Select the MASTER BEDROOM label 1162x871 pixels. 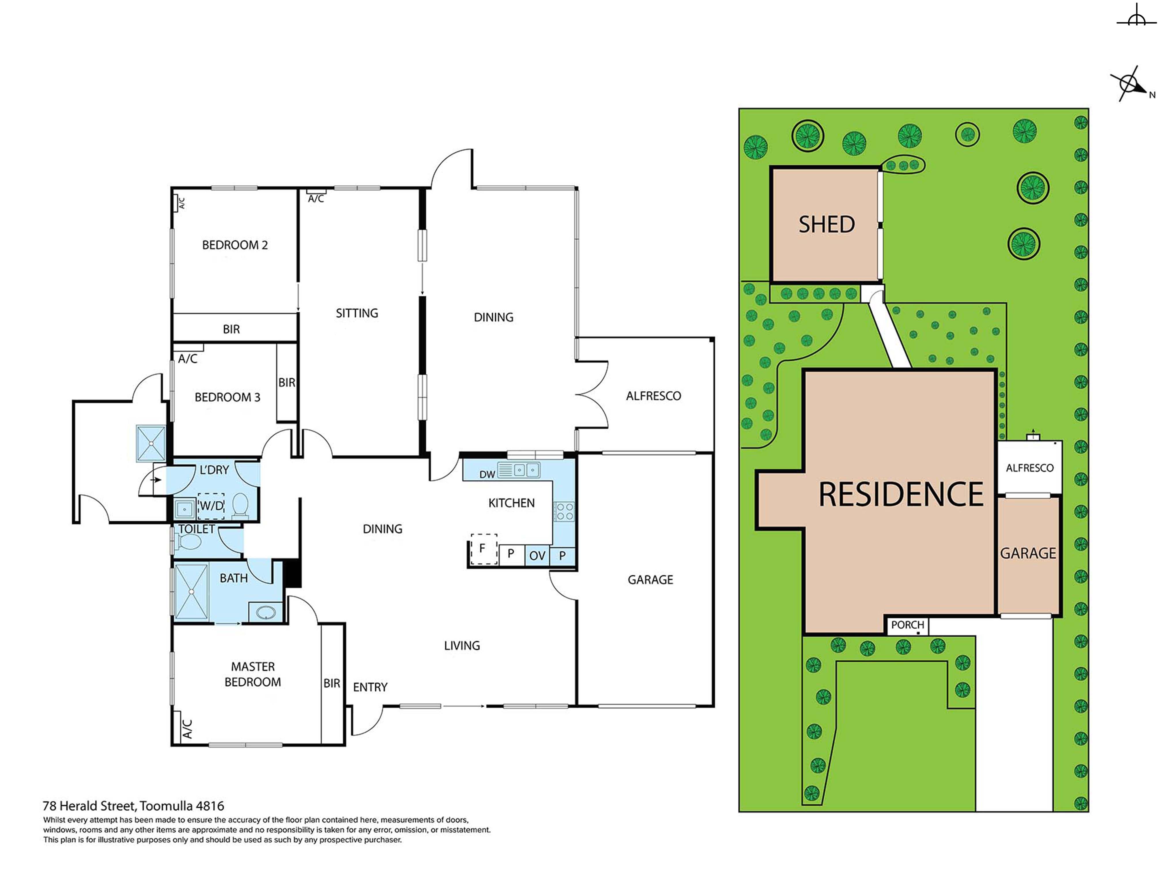(x=253, y=674)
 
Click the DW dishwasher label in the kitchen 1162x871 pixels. (x=487, y=475)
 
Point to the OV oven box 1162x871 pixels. (x=537, y=556)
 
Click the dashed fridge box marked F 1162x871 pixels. (x=483, y=549)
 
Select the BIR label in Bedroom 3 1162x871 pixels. (x=287, y=383)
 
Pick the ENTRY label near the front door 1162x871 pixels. (x=370, y=687)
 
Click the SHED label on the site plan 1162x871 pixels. (x=826, y=225)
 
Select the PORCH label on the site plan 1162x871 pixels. (x=907, y=625)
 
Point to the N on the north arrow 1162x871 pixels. (x=1152, y=95)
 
